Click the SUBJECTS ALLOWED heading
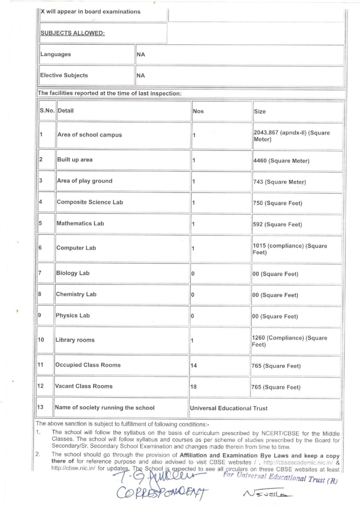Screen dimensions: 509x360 pyautogui.click(x=73, y=33)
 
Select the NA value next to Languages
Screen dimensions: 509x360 pyautogui.click(x=141, y=54)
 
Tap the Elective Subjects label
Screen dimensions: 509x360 pyautogui.click(x=64, y=75)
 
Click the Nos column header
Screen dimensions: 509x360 pyautogui.click(x=198, y=111)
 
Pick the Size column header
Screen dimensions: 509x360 pyautogui.click(x=260, y=112)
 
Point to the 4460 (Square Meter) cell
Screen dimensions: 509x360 pyautogui.click(x=281, y=161)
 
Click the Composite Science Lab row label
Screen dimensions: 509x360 pyautogui.click(x=90, y=202)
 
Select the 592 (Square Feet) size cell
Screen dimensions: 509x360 pyautogui.click(x=277, y=224)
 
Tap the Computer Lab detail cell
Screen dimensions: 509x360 pyautogui.click(x=76, y=248)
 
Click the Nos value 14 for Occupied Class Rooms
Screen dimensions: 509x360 pyautogui.click(x=194, y=366)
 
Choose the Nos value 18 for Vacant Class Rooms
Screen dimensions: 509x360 pyautogui.click(x=193, y=387)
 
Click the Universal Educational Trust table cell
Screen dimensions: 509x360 pyautogui.click(x=229, y=408)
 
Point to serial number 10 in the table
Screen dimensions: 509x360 pyautogui.click(x=41, y=340)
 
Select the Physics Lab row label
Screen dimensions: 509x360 pyautogui.click(x=73, y=315)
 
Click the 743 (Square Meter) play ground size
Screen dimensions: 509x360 pyautogui.click(x=279, y=182)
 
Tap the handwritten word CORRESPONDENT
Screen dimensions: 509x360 pyautogui.click(x=162, y=492)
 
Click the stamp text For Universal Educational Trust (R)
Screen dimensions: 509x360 pyautogui.click(x=280, y=478)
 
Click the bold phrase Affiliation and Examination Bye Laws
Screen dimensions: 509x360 pyautogui.click(x=234, y=456)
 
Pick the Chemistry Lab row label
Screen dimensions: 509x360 pyautogui.click(x=76, y=294)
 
